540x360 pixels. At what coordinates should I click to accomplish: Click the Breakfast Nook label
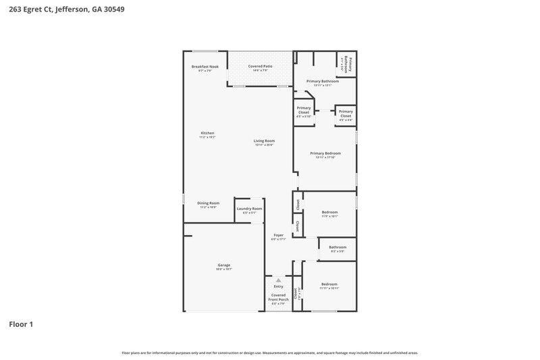click(x=205, y=66)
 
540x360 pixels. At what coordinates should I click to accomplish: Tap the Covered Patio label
click(x=260, y=66)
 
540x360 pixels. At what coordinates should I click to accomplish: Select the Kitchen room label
click(x=207, y=133)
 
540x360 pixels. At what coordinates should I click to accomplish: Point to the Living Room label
click(x=264, y=140)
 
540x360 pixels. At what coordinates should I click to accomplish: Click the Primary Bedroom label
click(x=325, y=153)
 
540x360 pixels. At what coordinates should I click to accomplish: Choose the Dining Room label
click(x=208, y=203)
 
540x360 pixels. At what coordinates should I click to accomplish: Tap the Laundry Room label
click(x=249, y=209)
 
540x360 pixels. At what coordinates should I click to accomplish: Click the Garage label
click(x=224, y=265)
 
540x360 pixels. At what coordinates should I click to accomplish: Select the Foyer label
click(x=278, y=236)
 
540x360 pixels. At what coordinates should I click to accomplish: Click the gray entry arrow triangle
click(x=278, y=280)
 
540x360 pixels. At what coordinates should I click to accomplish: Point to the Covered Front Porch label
click(x=278, y=297)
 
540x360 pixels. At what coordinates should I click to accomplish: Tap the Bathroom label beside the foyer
click(x=337, y=247)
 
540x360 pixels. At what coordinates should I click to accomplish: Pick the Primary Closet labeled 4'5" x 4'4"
click(x=346, y=113)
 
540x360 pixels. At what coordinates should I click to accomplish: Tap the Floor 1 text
click(x=20, y=325)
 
